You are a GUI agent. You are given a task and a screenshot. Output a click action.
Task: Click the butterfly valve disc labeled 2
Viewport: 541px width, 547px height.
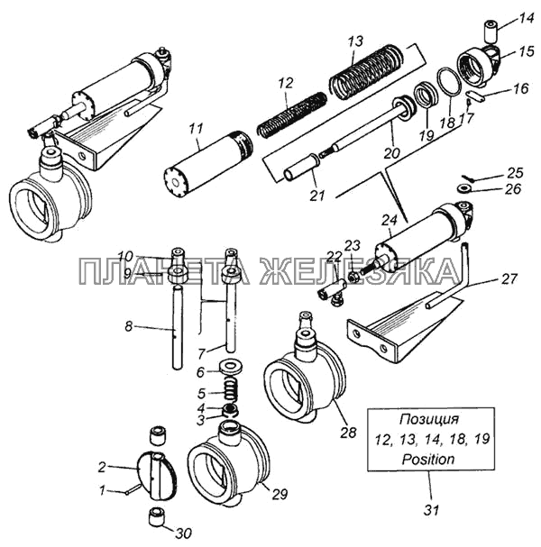coord(158,474)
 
